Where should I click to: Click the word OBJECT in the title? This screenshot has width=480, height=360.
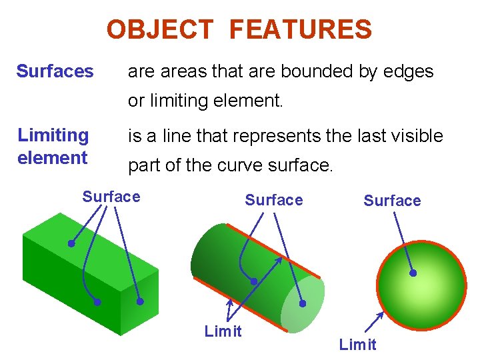tap(159, 30)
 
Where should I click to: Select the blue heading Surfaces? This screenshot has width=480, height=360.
tap(55, 71)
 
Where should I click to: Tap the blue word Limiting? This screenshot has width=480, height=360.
tap(53, 135)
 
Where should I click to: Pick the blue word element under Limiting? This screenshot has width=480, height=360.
tap(52, 158)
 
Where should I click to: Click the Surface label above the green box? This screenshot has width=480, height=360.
tap(111, 197)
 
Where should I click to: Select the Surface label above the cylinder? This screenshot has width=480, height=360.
tap(273, 200)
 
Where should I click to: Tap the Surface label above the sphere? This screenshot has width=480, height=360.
tap(392, 201)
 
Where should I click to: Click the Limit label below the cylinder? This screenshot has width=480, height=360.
tap(223, 332)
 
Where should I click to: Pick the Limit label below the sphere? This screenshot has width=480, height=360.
tap(357, 345)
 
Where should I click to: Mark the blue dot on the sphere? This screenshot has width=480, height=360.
tap(413, 273)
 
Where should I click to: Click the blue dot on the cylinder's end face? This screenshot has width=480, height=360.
tap(302, 303)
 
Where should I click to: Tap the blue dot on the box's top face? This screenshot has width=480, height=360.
tap(71, 243)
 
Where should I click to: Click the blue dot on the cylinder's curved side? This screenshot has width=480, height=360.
tap(253, 281)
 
